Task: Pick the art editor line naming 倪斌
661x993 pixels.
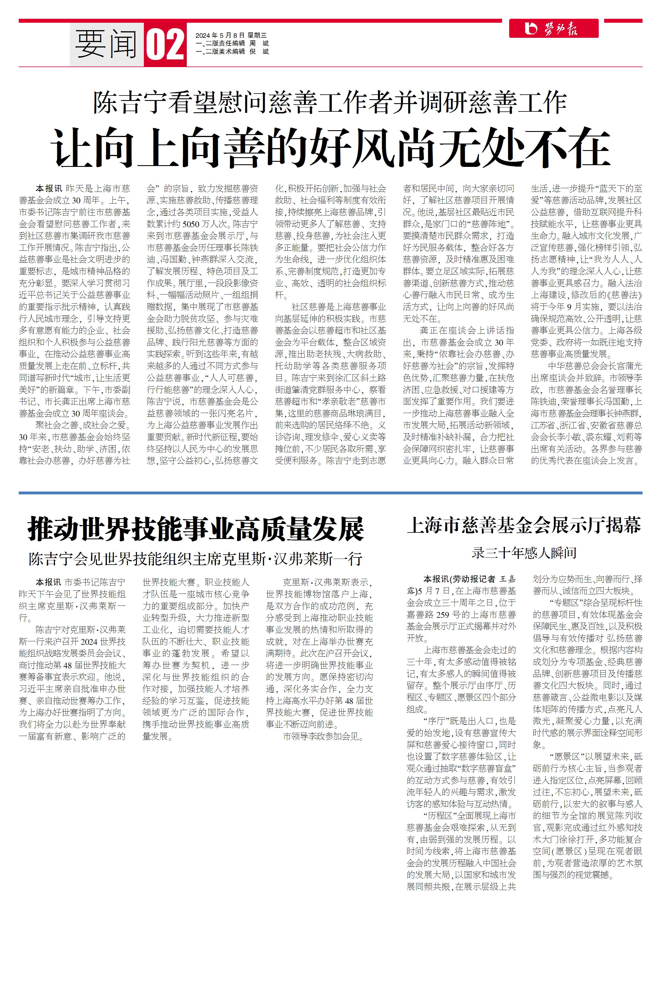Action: point(232,51)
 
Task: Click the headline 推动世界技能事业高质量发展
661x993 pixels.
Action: point(196,529)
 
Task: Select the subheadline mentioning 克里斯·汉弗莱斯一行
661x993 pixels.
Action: point(196,559)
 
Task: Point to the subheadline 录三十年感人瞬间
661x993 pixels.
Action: point(524,553)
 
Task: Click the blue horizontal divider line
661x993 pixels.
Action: point(330,492)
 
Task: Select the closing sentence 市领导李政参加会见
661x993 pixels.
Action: point(322,736)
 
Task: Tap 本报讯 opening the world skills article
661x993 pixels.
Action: point(48,582)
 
